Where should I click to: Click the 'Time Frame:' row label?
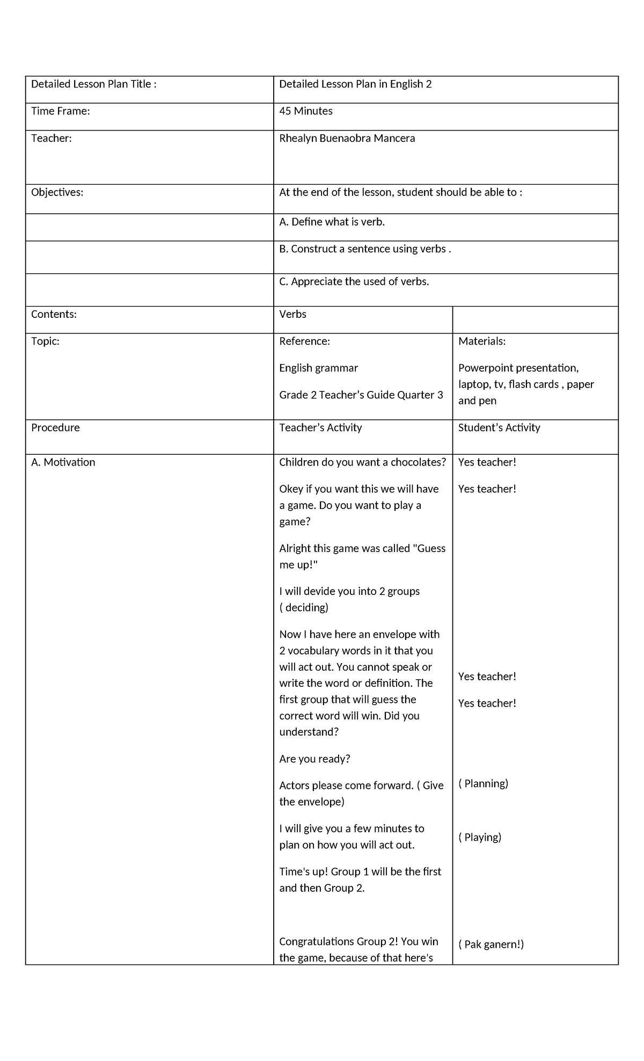pos(61,111)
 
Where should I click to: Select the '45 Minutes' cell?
pos(306,111)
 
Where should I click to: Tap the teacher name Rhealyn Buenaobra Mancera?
pos(347,139)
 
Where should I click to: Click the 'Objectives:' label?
pos(57,192)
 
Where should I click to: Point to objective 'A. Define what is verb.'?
pos(332,222)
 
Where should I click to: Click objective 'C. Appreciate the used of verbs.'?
pos(354,281)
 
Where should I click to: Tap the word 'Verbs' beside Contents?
pos(292,314)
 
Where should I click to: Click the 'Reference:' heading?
pos(304,341)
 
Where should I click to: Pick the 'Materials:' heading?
pos(482,341)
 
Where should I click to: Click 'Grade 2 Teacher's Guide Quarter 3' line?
pos(361,395)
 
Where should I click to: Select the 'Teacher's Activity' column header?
pos(320,428)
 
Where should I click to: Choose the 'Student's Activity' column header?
pos(499,428)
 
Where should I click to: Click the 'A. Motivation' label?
pos(63,462)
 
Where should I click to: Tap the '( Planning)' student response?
pos(483,783)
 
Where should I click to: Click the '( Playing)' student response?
pos(480,837)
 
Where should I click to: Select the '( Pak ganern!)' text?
pos(491,944)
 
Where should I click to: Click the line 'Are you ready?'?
pos(314,759)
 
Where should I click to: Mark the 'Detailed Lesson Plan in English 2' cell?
pos(355,84)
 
